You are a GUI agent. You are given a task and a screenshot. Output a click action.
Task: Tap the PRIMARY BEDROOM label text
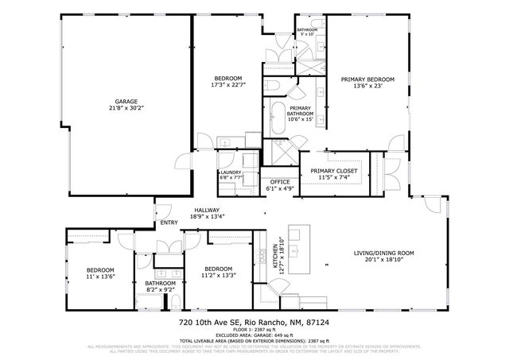tap(367, 79)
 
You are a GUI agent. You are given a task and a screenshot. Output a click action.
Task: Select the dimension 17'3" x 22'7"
tap(227, 85)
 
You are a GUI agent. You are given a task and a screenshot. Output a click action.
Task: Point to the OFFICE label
tap(280, 182)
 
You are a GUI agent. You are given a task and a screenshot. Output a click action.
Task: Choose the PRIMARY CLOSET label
tap(334, 171)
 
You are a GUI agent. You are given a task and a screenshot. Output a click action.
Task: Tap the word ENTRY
tap(169, 223)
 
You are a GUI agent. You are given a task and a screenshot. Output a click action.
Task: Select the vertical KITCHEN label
tap(277, 256)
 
